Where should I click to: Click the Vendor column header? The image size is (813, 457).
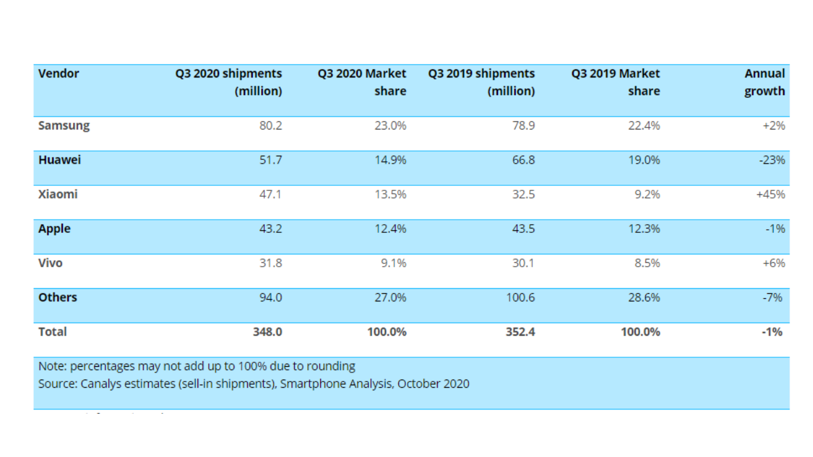(x=58, y=74)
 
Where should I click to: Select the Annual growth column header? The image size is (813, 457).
(x=765, y=83)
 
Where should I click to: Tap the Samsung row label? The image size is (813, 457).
(x=64, y=126)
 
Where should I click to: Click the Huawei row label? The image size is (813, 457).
(x=60, y=160)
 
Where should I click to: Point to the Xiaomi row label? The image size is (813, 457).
(x=58, y=194)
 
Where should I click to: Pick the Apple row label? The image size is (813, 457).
(x=54, y=228)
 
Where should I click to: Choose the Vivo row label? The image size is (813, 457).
(x=50, y=263)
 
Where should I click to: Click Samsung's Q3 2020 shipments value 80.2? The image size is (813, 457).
(x=270, y=126)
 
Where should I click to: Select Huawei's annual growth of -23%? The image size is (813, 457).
(x=772, y=160)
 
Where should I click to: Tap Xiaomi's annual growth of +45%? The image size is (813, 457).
(x=770, y=194)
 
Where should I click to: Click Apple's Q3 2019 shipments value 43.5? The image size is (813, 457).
(x=523, y=228)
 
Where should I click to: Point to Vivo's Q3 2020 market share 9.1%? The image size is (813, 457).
(x=394, y=263)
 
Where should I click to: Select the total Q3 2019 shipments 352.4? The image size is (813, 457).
(x=519, y=331)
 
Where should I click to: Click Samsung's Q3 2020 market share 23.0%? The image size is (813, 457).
(x=389, y=126)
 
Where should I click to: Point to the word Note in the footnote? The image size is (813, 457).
(x=51, y=366)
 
